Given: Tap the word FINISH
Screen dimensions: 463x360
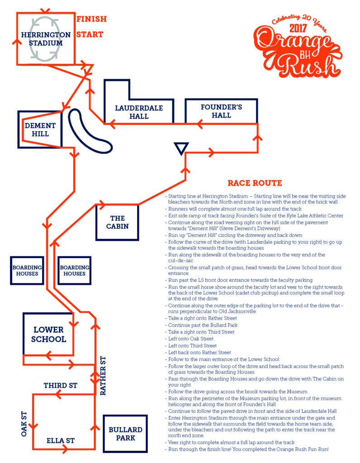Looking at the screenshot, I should pos(91,19).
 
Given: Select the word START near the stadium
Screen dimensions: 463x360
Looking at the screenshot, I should pos(90,34).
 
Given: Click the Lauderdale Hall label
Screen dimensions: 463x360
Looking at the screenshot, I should pos(138,112).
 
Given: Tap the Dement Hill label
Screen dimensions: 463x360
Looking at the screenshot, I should pos(40,130).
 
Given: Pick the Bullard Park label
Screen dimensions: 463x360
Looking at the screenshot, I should pos(126,434).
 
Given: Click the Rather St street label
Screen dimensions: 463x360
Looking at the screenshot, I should pos(103,376).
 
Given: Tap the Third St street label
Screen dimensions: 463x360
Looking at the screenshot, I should pos(60,386).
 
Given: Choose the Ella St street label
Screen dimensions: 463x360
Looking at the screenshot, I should pos(60,440).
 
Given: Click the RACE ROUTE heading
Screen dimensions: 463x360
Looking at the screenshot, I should pos(255,183).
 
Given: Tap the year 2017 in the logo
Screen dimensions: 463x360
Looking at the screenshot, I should pos(296,28).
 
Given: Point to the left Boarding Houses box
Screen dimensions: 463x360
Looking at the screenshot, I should pos(27,270).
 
